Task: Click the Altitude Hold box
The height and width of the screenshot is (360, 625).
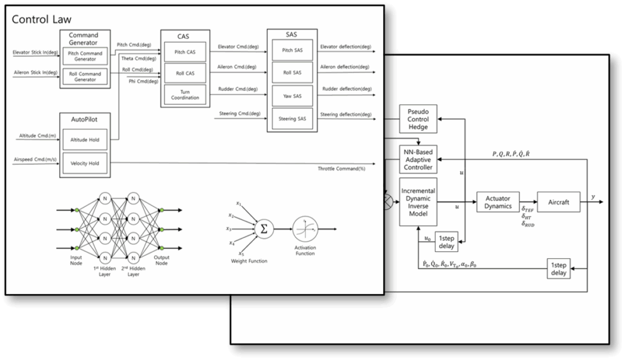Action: click(x=85, y=140)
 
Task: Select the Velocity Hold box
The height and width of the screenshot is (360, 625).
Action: click(x=85, y=163)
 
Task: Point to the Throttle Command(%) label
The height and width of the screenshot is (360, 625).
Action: click(x=341, y=168)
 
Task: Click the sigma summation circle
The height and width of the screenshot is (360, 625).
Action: click(x=264, y=228)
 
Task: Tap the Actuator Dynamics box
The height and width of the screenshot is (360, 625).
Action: click(x=497, y=202)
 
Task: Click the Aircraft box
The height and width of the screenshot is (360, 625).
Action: click(x=559, y=202)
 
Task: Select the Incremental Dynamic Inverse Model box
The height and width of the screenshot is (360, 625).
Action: click(x=418, y=203)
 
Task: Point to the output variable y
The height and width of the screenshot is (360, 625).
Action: click(x=594, y=197)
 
